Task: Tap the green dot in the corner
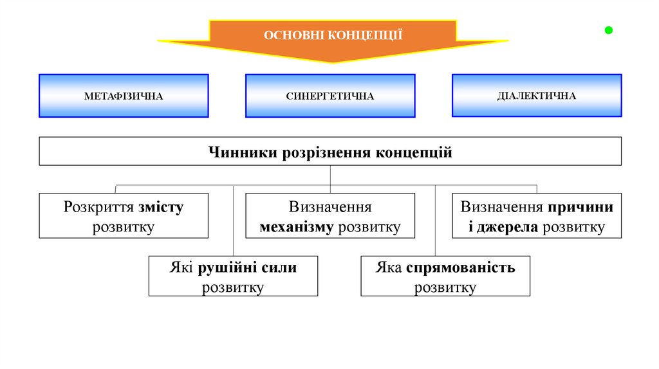point(608,30)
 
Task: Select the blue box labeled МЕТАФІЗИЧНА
point(124,96)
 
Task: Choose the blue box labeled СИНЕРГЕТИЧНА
point(330,96)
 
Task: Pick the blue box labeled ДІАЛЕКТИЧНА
point(537,96)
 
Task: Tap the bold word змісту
point(161,208)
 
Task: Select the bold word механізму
point(296,227)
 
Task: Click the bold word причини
point(581,208)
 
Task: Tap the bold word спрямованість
point(461,267)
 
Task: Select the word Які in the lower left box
point(182,267)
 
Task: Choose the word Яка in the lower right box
point(389,267)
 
